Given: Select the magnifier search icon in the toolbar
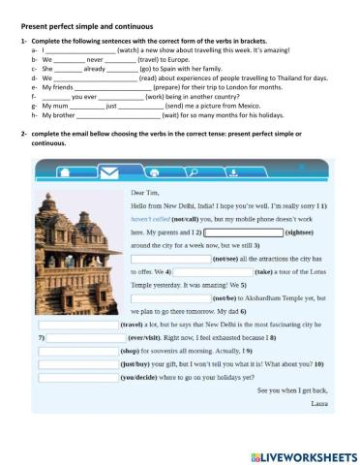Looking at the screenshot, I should click(x=194, y=171).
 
